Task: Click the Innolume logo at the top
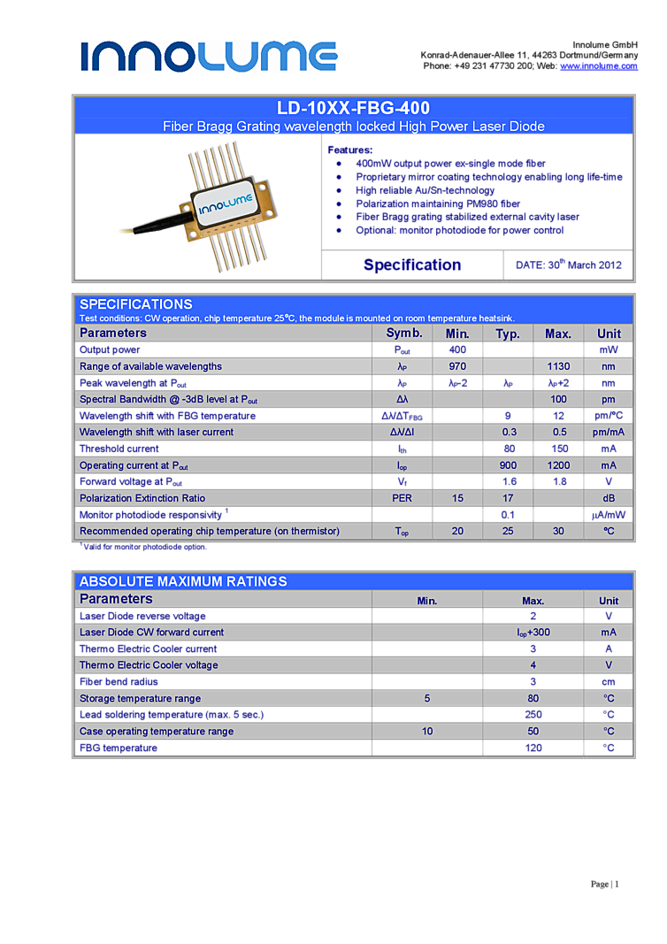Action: [x=209, y=57]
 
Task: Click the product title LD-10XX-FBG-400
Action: [x=353, y=108]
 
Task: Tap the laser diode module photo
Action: [x=198, y=206]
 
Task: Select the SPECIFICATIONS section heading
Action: [x=136, y=304]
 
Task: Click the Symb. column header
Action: [x=403, y=333]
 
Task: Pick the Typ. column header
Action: [x=507, y=334]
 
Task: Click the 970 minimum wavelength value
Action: [x=457, y=366]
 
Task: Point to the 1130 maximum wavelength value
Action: [x=558, y=366]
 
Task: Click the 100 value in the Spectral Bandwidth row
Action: [x=558, y=399]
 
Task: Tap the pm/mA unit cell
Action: [x=609, y=432]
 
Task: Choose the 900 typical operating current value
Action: [x=508, y=465]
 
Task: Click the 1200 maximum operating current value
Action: [x=558, y=465]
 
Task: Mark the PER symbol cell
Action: [x=402, y=498]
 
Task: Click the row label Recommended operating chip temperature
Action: [x=210, y=531]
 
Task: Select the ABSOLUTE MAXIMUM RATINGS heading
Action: [x=183, y=581]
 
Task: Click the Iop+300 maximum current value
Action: [x=533, y=633]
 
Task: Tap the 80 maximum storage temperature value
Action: [x=533, y=698]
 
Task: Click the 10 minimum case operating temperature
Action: [x=427, y=732]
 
